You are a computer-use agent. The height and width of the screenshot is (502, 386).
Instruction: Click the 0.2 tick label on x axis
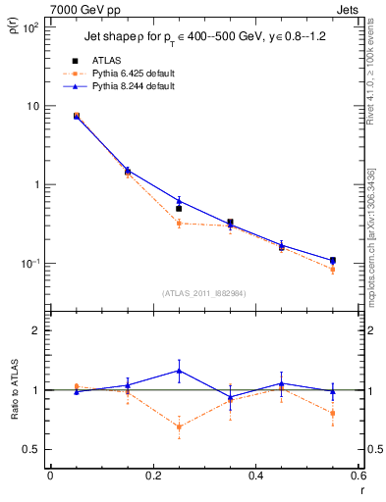tap(152, 477)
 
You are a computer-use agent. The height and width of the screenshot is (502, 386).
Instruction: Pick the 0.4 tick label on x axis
tap(255, 477)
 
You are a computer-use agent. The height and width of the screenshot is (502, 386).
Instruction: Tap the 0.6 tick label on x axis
tap(358, 477)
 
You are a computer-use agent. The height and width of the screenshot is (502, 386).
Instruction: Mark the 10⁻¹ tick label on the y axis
tap(30, 264)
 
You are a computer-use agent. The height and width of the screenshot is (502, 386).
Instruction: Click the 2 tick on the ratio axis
tap(38, 331)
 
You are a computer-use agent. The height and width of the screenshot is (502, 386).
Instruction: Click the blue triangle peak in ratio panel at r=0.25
tap(179, 370)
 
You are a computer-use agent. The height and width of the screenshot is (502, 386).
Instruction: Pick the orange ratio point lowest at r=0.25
tap(179, 427)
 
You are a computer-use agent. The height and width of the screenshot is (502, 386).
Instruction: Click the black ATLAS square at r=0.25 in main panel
tap(179, 209)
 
